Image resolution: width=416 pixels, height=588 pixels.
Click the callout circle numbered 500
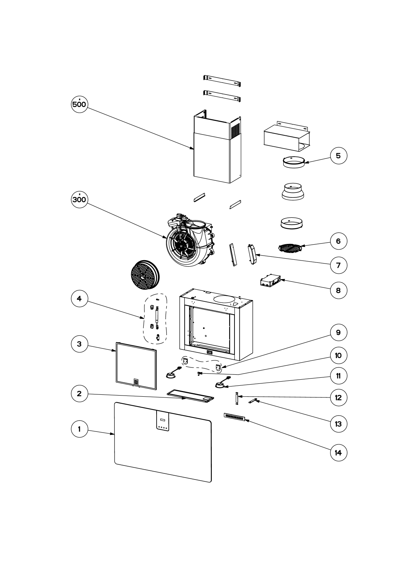(x=79, y=104)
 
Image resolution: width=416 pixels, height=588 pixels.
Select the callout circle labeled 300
(x=79, y=200)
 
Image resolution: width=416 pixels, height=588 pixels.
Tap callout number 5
(x=338, y=156)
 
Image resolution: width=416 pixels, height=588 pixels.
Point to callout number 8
(x=338, y=290)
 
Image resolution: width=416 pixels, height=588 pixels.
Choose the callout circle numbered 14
(x=338, y=453)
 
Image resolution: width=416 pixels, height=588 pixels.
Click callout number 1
(x=79, y=429)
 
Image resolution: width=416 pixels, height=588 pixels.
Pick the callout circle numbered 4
(x=79, y=298)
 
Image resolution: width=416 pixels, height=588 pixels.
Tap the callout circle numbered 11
(x=338, y=376)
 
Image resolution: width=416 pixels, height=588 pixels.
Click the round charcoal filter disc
(x=145, y=275)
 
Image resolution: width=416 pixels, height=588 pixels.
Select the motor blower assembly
(x=189, y=239)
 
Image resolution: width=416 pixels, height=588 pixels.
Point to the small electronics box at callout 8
(x=270, y=280)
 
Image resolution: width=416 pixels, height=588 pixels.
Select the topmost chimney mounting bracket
(x=222, y=81)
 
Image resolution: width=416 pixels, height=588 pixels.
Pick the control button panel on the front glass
(x=163, y=421)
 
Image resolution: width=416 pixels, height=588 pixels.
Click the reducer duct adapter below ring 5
(x=293, y=192)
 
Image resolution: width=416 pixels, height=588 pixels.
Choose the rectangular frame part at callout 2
(x=190, y=396)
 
